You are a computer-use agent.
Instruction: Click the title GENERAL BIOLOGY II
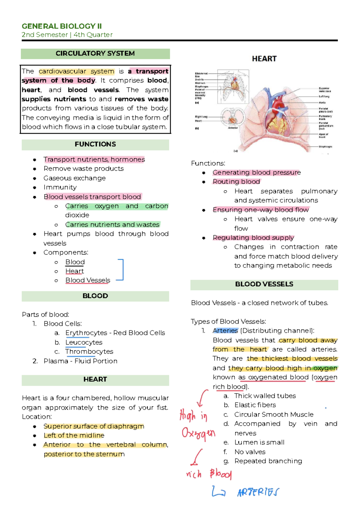coord(61,26)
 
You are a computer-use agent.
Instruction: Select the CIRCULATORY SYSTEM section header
coord(95,54)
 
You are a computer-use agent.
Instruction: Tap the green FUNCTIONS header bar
coord(95,144)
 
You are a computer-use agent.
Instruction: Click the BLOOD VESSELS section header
coord(264,284)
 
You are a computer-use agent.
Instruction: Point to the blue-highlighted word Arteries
coord(225,331)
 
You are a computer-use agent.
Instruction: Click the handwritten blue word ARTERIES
coord(258,492)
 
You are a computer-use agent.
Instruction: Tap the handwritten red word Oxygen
coord(198,433)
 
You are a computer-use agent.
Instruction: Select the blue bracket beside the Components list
coord(121,270)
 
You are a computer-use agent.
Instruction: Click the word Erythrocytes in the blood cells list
coord(86,333)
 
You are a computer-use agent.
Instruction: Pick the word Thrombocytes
coord(89,351)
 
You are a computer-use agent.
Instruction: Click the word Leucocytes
coord(84,342)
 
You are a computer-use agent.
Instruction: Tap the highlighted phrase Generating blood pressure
coord(256,172)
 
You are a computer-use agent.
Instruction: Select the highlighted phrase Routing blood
coord(236,182)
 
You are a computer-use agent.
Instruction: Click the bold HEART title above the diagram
coord(264,59)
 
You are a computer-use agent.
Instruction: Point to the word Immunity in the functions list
coord(60,187)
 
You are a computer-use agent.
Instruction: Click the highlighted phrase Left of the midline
coord(74,435)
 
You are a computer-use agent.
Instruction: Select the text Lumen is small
coord(259,442)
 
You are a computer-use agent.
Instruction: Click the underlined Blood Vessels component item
coord(88,280)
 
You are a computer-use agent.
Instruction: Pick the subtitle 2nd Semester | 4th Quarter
coord(67,35)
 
